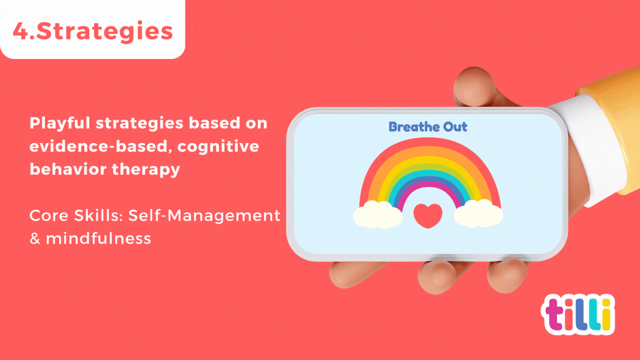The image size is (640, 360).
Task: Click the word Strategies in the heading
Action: [104, 31]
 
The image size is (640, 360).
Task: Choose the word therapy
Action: [146, 170]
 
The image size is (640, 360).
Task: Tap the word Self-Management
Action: [204, 216]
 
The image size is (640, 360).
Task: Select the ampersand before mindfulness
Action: [35, 238]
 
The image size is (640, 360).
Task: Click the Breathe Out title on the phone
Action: [428, 127]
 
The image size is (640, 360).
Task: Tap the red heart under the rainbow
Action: [428, 216]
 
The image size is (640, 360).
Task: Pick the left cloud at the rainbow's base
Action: [378, 214]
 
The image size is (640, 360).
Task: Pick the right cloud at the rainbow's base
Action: [478, 214]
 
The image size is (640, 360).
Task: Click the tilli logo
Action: [578, 315]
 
